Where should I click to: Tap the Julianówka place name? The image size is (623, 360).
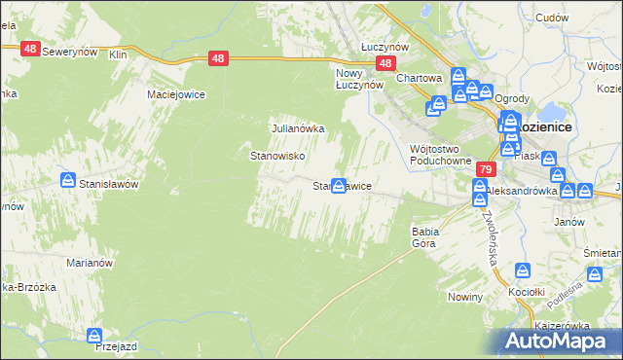(x=297, y=128)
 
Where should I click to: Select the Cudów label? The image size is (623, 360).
(x=551, y=18)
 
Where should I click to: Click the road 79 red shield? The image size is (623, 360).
(x=484, y=169)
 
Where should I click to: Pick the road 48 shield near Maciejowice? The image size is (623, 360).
(x=219, y=59)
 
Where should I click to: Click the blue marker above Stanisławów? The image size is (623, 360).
(x=68, y=179)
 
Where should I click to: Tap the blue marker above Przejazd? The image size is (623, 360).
(x=94, y=336)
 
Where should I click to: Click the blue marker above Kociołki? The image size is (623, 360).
(x=523, y=270)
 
